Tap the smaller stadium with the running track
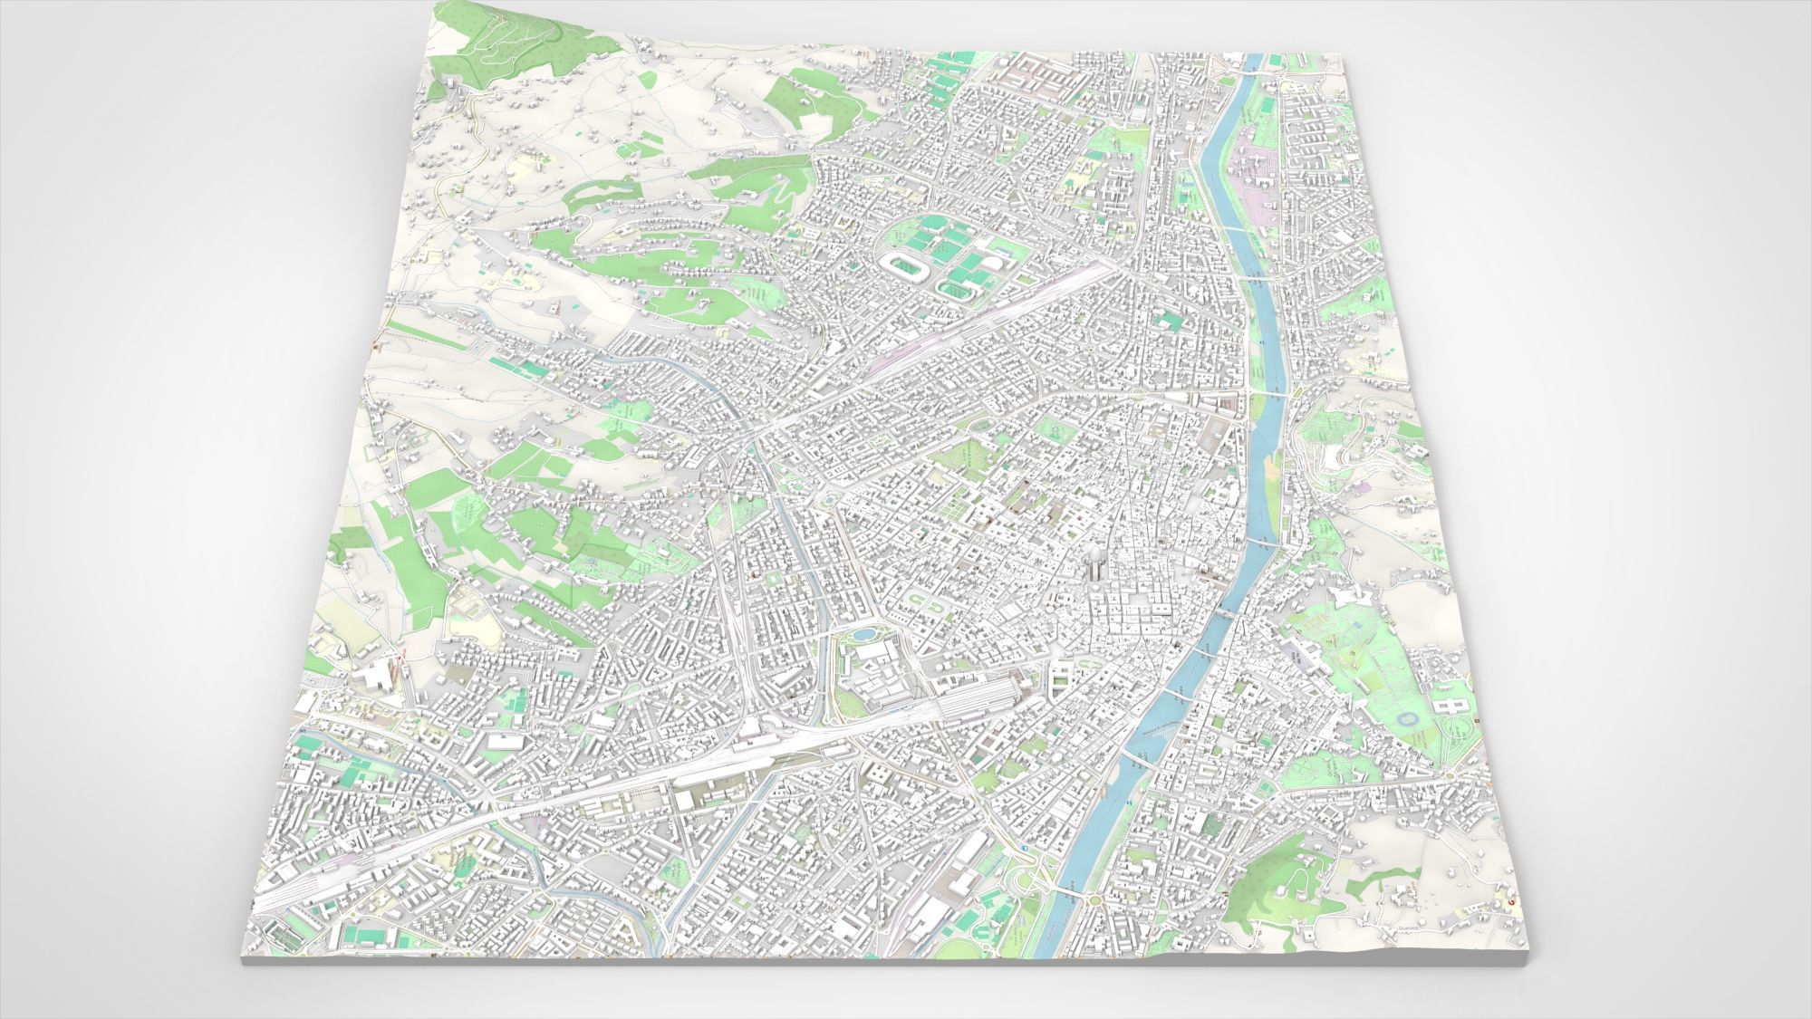click(953, 292)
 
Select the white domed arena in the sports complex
click(991, 264)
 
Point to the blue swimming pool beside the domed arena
click(973, 264)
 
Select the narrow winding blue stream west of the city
click(471, 797)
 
